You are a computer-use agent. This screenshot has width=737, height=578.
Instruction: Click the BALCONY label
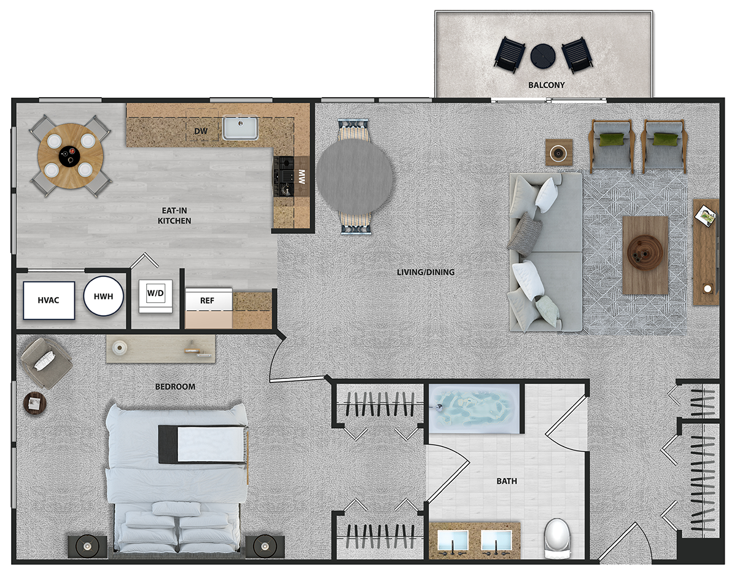(x=547, y=85)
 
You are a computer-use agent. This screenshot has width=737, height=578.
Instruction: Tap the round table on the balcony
(x=543, y=56)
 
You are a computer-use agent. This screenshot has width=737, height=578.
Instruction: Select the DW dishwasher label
(x=201, y=131)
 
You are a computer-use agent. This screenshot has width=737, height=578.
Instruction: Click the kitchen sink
(x=240, y=127)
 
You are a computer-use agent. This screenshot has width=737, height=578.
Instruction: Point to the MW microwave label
(x=301, y=176)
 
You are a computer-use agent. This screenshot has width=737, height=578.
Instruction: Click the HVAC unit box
(x=49, y=300)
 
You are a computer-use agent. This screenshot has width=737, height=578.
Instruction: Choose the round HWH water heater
(x=103, y=296)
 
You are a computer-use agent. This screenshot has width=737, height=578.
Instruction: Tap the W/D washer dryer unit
(x=155, y=296)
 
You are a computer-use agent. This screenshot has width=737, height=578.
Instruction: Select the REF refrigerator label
(x=207, y=300)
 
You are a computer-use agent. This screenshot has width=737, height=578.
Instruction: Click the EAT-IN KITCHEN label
(x=174, y=216)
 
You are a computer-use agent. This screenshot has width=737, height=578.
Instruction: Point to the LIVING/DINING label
(x=426, y=272)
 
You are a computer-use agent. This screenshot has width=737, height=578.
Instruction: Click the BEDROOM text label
(x=175, y=386)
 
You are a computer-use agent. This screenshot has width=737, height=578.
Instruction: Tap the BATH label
(x=507, y=481)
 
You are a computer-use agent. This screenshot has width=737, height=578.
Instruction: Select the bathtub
(x=474, y=408)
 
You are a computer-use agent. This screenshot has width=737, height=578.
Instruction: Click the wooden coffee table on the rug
(x=645, y=255)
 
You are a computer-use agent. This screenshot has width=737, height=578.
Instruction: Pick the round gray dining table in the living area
(x=354, y=176)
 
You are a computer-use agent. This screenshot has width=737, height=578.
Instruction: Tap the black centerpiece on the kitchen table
(x=69, y=157)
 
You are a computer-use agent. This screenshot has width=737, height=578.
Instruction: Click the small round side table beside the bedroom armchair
(x=34, y=403)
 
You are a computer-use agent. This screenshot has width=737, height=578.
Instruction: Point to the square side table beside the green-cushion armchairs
(x=559, y=152)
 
